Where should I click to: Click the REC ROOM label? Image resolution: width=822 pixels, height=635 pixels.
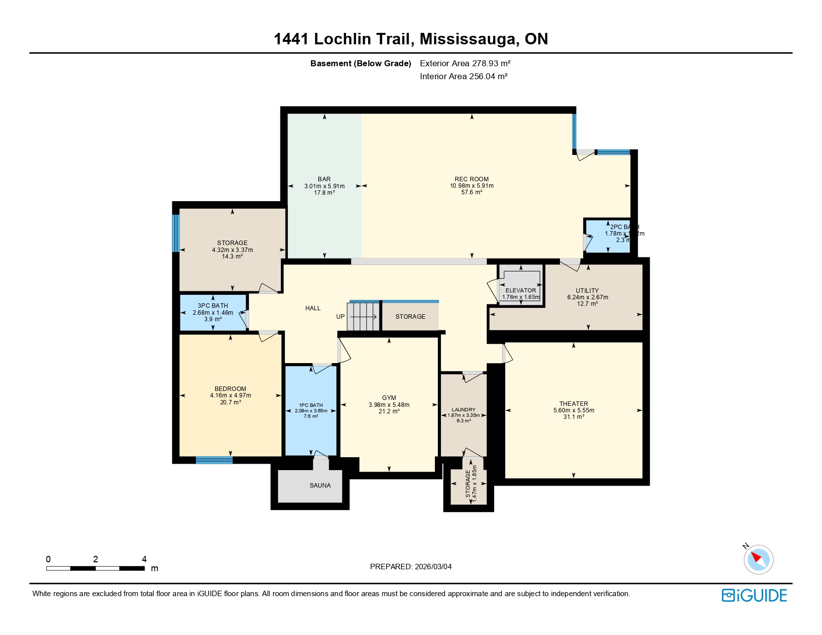pyautogui.click(x=471, y=179)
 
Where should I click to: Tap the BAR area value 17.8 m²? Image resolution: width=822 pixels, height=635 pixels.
pyautogui.click(x=324, y=193)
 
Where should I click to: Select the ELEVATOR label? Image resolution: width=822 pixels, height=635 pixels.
pyautogui.click(x=521, y=290)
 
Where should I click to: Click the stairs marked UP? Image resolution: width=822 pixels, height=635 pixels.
pyautogui.click(x=363, y=317)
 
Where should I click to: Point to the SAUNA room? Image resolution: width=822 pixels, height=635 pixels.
pyautogui.click(x=320, y=486)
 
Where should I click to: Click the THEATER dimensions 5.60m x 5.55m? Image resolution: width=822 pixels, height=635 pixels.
pyautogui.click(x=573, y=410)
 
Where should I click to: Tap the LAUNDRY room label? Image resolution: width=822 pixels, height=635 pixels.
pyautogui.click(x=463, y=410)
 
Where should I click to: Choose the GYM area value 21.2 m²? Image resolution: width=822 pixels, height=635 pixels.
pyautogui.click(x=389, y=411)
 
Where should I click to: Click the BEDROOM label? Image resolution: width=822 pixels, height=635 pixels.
pyautogui.click(x=230, y=389)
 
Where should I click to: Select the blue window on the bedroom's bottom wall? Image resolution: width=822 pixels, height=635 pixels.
pyautogui.click(x=214, y=460)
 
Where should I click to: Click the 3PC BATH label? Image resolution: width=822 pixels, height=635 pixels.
pyautogui.click(x=213, y=306)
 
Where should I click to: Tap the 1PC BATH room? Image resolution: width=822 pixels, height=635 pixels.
pyautogui.click(x=311, y=410)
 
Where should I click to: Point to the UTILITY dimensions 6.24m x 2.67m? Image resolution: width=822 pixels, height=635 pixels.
pyautogui.click(x=587, y=297)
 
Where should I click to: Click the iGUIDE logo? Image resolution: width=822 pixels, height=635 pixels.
pyautogui.click(x=754, y=596)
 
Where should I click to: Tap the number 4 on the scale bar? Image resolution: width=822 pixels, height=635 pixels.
pyautogui.click(x=144, y=559)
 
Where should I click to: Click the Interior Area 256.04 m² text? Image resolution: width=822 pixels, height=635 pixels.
pyautogui.click(x=463, y=76)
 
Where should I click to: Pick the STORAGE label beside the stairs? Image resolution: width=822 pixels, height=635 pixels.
pyautogui.click(x=410, y=317)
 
